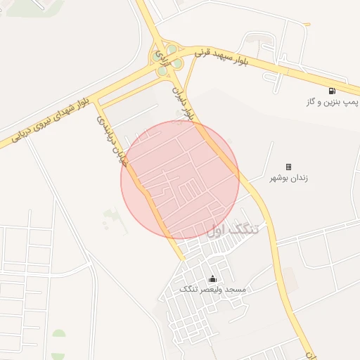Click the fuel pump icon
(331, 91)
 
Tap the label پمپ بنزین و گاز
(330, 103)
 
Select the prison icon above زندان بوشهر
(288, 167)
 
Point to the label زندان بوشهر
(288, 178)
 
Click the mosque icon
(212, 279)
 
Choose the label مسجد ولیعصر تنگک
(212, 290)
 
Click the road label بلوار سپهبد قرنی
(222, 52)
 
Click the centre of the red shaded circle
(180, 180)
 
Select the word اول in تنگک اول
(219, 230)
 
